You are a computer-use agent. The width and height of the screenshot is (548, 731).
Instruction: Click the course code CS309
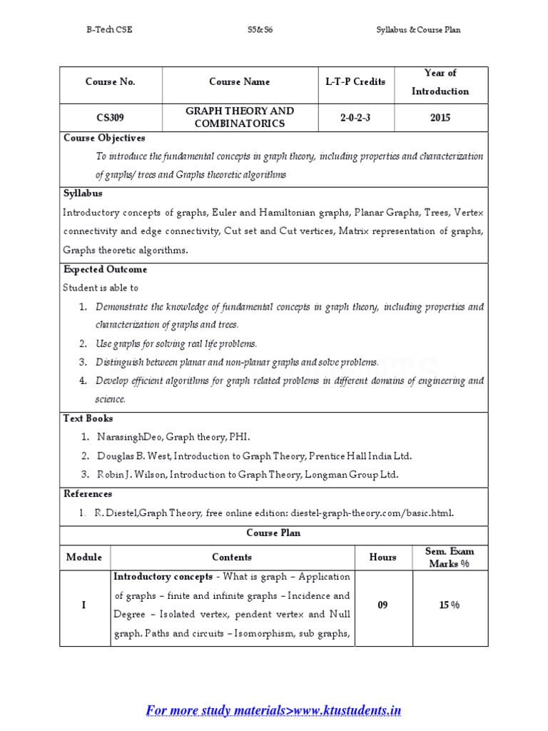110,118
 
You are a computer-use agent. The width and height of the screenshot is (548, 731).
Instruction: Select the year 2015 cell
440,118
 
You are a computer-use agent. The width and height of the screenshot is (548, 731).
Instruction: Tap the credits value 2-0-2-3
355,118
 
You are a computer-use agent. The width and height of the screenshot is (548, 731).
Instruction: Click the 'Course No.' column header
110,82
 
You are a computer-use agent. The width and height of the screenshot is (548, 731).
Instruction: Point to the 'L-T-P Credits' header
355,82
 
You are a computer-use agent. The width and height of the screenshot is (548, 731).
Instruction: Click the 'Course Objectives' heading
104,138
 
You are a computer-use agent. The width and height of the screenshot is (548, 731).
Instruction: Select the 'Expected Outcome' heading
106,269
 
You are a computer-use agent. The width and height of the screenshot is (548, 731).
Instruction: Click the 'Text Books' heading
88,418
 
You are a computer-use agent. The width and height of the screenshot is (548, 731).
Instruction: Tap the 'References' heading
88,493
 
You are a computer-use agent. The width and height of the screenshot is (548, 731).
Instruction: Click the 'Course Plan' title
274,533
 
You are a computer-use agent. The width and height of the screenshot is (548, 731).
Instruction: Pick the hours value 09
382,605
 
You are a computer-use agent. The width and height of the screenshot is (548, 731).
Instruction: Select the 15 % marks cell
450,605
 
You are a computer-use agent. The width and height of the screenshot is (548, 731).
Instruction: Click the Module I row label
84,605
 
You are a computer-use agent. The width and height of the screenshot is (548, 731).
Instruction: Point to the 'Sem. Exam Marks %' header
450,558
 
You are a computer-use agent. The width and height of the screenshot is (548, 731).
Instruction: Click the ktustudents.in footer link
273,710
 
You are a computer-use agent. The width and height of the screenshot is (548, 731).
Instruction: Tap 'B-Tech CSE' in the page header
108,30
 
